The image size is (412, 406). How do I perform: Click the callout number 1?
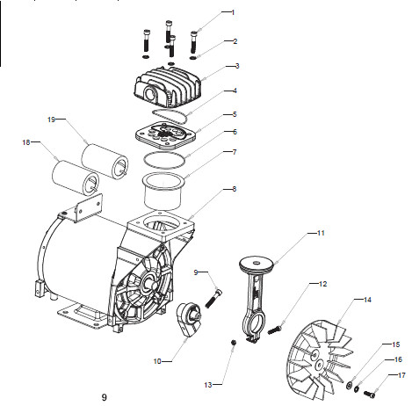pos(233,12)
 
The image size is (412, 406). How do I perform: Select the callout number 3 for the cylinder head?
pos(237,66)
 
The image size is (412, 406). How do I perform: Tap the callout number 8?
pos(234,189)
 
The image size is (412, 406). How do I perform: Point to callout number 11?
pos(321,233)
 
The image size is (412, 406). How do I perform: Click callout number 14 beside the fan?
pos(367,300)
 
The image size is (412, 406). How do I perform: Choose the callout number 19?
pos(51,120)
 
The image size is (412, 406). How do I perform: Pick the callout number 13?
pos(208,385)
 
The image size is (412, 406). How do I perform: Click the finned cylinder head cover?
pos(168,87)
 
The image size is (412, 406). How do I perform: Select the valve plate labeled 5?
pos(166,135)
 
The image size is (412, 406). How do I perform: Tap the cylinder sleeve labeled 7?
pos(163,191)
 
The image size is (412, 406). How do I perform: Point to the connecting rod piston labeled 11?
pos(255,299)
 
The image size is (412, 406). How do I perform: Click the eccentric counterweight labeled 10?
pos(189,319)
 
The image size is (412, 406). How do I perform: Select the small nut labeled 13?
pos(234,342)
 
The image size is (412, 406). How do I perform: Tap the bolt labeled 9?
pos(213,298)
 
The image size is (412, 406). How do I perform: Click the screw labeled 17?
pos(370,395)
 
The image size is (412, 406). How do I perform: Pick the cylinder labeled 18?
pos(76,178)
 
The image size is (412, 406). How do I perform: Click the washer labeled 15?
pos(350,385)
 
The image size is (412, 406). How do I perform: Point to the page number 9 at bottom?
pos(105,397)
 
